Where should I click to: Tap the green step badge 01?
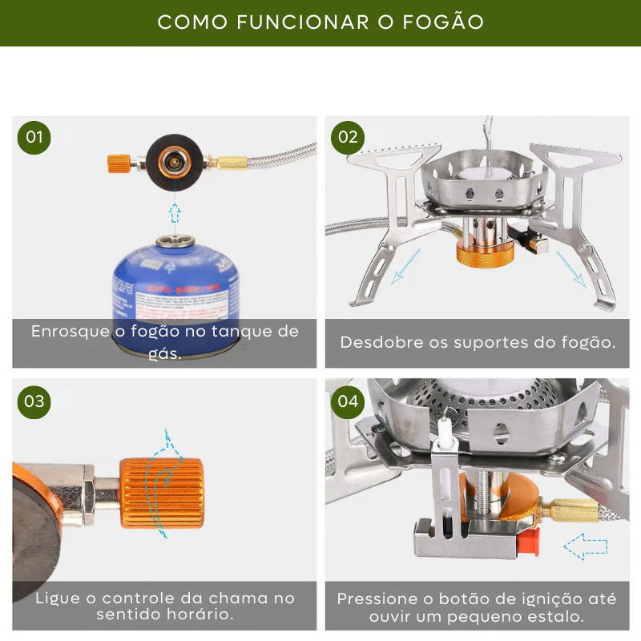34,137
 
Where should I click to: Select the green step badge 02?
348,137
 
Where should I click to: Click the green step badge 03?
34,401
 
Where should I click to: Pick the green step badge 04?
348,401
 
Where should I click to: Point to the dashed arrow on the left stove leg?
405,266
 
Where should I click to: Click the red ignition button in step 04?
526,544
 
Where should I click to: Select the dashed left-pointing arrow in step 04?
585,547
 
